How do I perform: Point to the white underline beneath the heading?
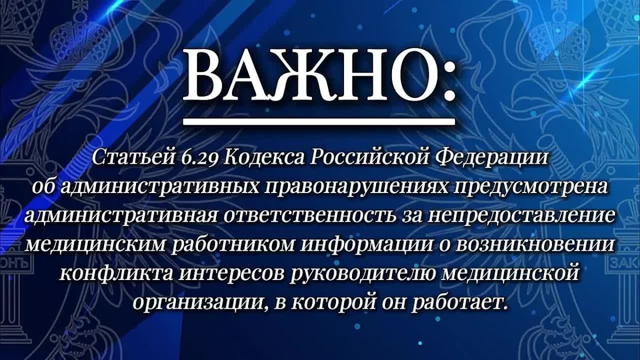(318, 122)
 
